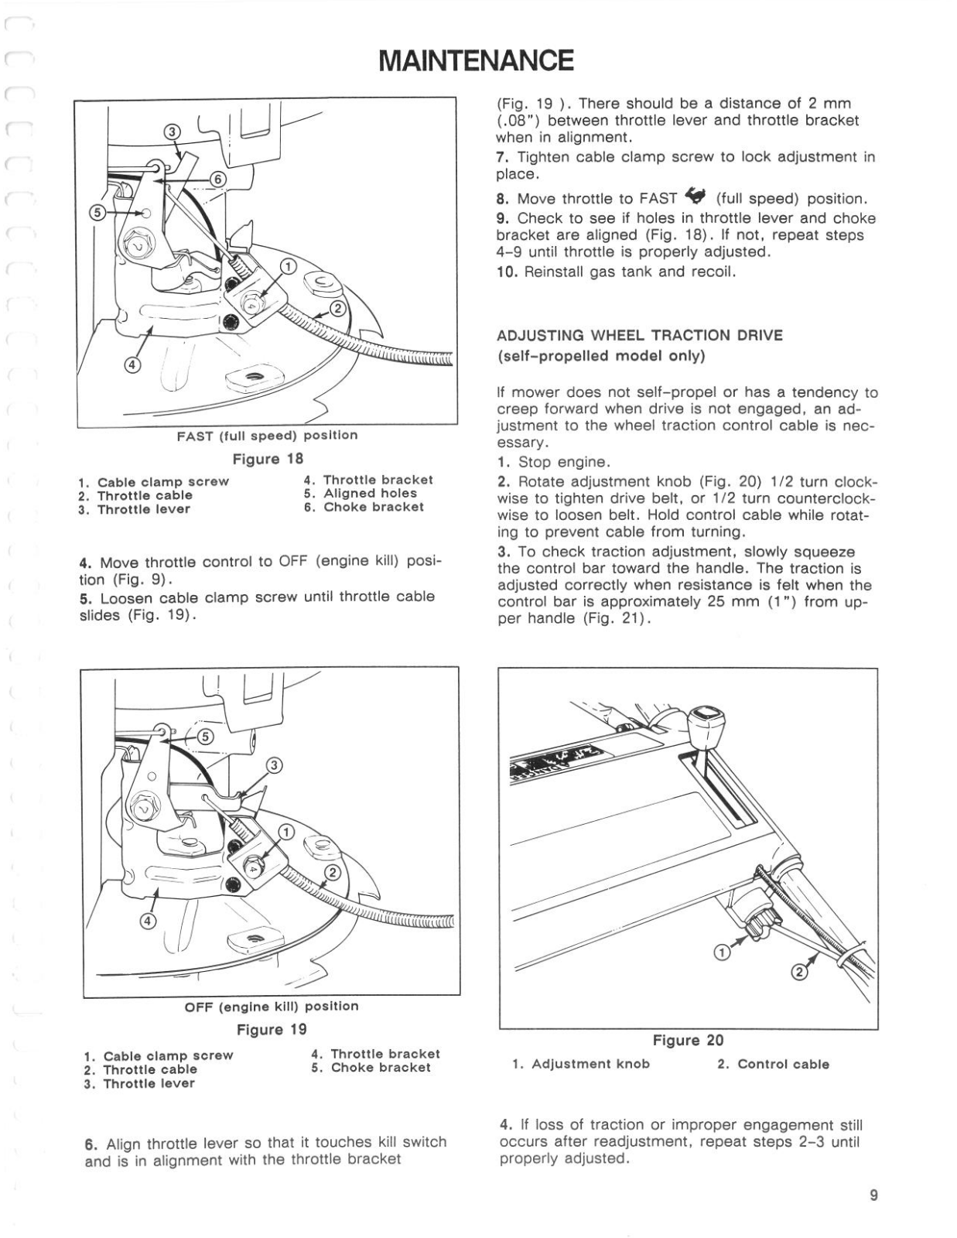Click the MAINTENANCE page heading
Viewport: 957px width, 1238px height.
(477, 60)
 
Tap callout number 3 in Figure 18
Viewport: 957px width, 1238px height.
(173, 132)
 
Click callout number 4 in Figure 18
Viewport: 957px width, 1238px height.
(132, 365)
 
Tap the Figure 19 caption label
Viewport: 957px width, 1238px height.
(272, 1030)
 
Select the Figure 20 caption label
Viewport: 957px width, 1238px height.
(688, 1041)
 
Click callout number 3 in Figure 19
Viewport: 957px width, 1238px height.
(273, 766)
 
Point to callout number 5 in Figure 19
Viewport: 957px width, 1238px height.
(205, 737)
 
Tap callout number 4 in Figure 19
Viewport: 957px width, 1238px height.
(148, 920)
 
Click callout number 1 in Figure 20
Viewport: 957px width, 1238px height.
(721, 953)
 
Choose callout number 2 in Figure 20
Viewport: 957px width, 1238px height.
(800, 973)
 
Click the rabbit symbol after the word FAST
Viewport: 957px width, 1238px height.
(697, 197)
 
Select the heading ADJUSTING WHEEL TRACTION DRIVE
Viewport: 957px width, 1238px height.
(639, 336)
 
